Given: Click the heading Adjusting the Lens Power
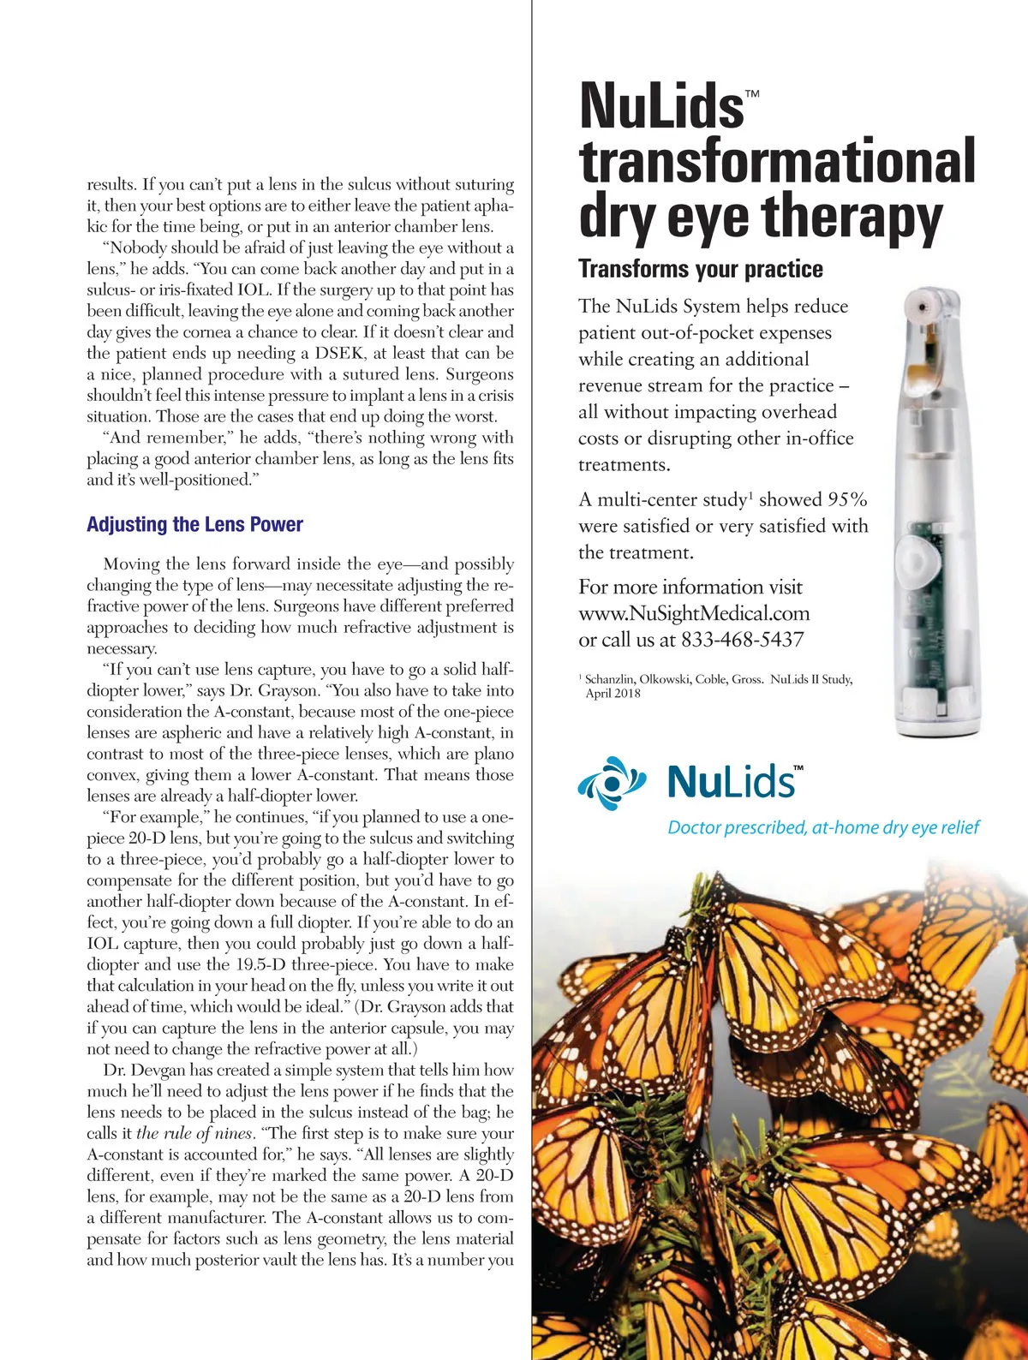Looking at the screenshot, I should [194, 524].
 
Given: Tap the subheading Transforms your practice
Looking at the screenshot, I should [700, 269].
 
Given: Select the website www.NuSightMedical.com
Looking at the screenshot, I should [694, 613].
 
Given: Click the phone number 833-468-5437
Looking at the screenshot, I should [742, 640].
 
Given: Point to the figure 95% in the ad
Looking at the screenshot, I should [846, 499].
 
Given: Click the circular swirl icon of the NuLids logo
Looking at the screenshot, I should [610, 782].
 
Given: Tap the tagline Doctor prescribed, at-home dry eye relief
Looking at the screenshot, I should [822, 827].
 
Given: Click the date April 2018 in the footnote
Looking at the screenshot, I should [613, 694].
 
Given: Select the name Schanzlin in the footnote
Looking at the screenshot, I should [610, 679].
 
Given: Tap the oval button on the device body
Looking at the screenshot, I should [917, 560].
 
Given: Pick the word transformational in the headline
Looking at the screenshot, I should [777, 161].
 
